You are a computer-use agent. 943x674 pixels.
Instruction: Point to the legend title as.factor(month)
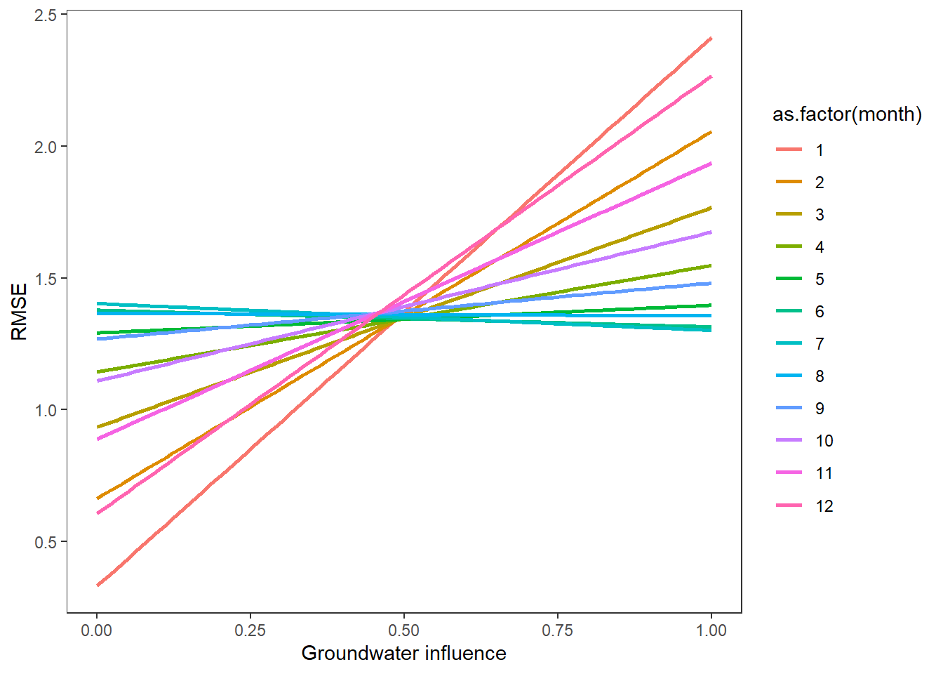coord(847,114)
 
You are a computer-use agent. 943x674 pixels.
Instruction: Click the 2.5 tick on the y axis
coord(46,15)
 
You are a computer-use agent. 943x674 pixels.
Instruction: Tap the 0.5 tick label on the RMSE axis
coord(46,542)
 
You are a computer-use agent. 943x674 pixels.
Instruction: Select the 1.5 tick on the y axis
coord(46,278)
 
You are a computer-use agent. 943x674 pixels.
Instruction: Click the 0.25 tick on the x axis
coord(250,630)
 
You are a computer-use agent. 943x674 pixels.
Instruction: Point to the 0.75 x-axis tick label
coord(557,630)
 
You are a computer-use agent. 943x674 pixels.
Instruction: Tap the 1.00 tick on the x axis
coord(711,630)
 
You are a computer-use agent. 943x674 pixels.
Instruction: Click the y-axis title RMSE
coord(20,312)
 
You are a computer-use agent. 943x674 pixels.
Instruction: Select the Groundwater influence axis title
coord(403,654)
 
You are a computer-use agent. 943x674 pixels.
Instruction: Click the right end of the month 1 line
coord(711,38)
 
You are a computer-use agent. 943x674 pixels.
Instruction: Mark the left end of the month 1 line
coord(97,585)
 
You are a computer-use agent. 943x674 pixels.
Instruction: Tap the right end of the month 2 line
coord(711,132)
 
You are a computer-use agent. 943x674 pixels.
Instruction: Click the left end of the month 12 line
coord(97,513)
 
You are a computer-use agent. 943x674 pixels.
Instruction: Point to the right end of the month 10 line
coord(711,232)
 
